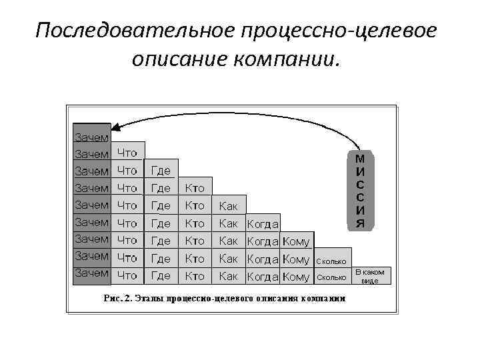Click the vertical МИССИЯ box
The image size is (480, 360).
[x=360, y=191]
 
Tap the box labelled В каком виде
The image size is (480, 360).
[x=371, y=276]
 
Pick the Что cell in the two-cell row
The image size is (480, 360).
[x=127, y=153]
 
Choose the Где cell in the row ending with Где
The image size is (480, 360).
[x=161, y=170]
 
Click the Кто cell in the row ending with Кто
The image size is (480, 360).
[x=195, y=187]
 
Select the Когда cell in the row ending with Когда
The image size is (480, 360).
[x=263, y=223]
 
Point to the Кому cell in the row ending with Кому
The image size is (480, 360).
[x=296, y=241]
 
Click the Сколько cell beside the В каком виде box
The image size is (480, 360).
[x=331, y=276]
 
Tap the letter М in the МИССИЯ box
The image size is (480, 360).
[x=360, y=160]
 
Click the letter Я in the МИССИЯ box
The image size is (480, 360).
[x=360, y=223]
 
